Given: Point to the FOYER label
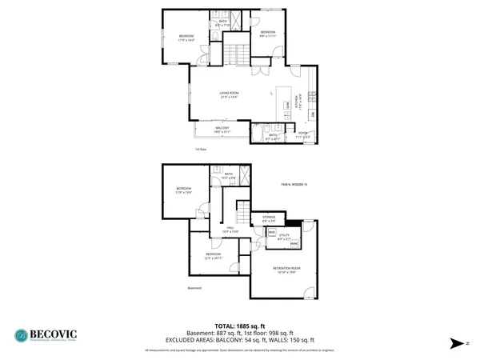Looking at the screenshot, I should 303,134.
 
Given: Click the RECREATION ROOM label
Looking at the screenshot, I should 286,270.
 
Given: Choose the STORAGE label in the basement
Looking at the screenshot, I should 269,218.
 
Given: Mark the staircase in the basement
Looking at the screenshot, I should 242,214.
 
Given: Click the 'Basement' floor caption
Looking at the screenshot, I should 194,288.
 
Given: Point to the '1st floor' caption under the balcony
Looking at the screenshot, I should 201,149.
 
